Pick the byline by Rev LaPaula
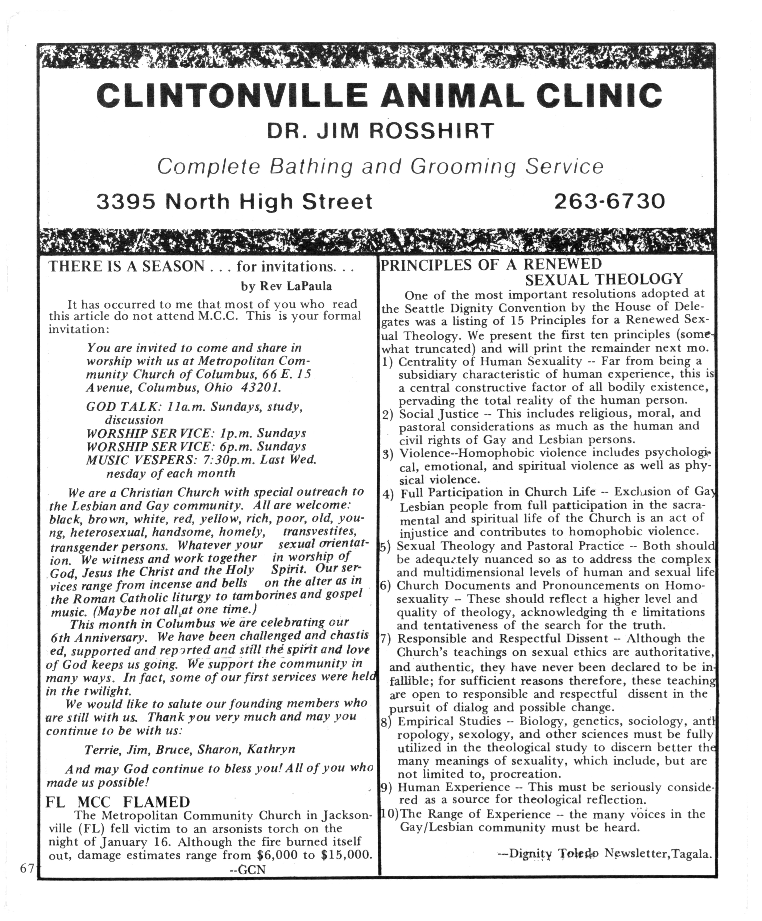286,286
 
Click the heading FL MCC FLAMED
117,802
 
